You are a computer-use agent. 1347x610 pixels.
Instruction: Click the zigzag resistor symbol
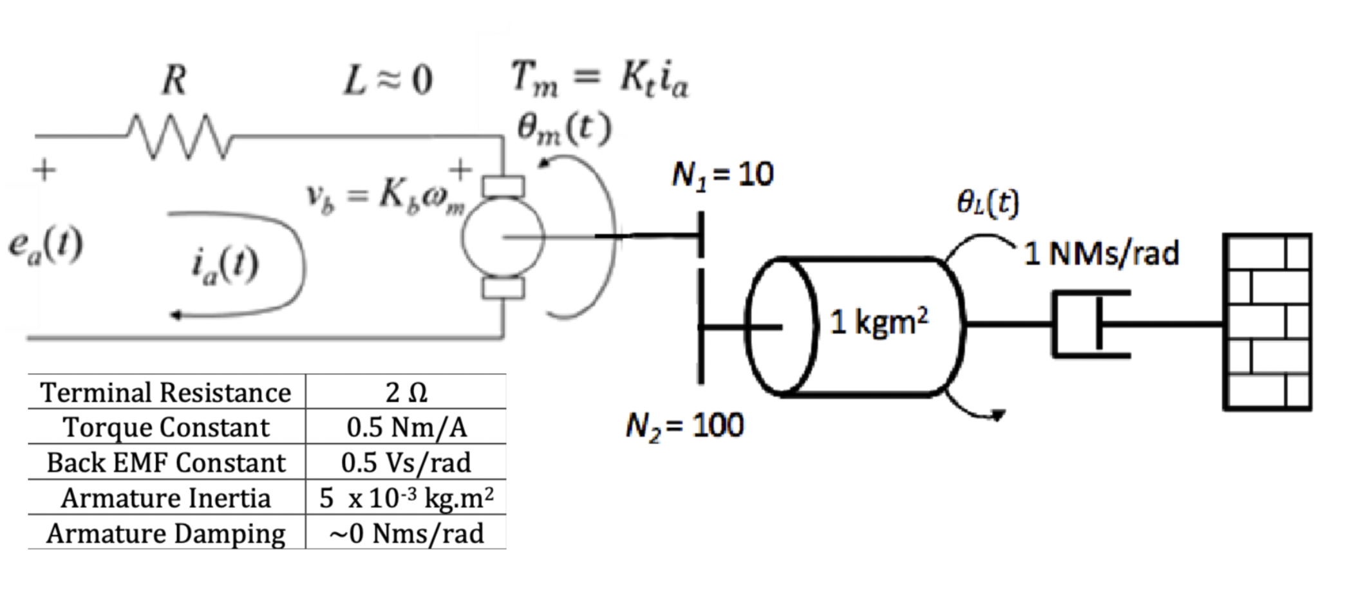click(x=179, y=136)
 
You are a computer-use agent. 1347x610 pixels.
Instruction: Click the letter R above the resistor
click(x=174, y=81)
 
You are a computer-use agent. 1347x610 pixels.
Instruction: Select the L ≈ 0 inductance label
click(x=388, y=81)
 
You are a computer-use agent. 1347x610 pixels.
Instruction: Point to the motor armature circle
click(x=503, y=237)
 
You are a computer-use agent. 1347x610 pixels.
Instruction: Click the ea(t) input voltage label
click(x=45, y=246)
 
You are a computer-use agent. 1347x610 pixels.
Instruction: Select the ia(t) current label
click(x=225, y=265)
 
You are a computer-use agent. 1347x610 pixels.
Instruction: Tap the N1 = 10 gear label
click(x=722, y=174)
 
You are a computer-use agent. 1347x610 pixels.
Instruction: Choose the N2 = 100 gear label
click(x=684, y=425)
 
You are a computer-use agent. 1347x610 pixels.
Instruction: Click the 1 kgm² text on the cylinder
click(x=879, y=321)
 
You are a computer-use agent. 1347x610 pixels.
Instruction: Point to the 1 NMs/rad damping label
click(x=1102, y=254)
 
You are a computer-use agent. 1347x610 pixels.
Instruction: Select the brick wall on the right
click(x=1267, y=322)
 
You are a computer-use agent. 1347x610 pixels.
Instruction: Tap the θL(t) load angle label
click(x=988, y=203)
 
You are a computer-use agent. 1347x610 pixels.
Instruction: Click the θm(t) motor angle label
click(x=564, y=129)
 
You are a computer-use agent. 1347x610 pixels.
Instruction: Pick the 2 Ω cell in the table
click(x=406, y=393)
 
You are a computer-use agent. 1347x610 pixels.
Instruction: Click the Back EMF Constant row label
click(x=166, y=463)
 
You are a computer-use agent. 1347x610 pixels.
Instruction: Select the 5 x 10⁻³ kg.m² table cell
click(x=406, y=498)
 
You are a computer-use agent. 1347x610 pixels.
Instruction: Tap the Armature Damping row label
click(x=166, y=533)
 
